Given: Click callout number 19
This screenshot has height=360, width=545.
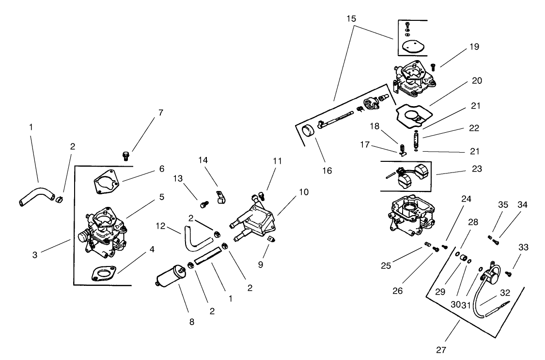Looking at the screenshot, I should pyautogui.click(x=474, y=47).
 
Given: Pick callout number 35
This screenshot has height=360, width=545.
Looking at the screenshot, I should pyautogui.click(x=503, y=205).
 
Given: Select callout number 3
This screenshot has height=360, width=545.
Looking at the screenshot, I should pyautogui.click(x=35, y=254).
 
